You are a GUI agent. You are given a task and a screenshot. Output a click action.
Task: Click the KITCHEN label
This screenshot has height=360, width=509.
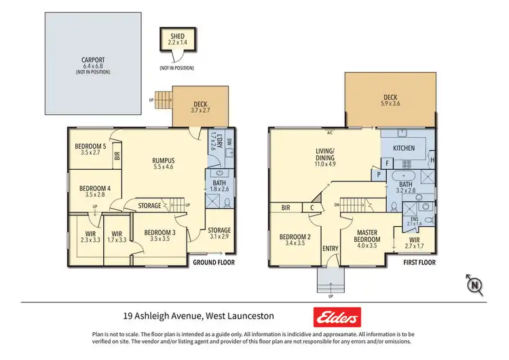(404, 147)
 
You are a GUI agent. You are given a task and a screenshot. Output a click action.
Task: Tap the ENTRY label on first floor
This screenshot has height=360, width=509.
(331, 249)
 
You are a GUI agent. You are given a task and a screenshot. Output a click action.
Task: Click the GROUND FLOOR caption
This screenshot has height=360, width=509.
(214, 262)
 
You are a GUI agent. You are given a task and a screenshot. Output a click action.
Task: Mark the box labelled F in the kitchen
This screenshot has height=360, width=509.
(386, 163)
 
